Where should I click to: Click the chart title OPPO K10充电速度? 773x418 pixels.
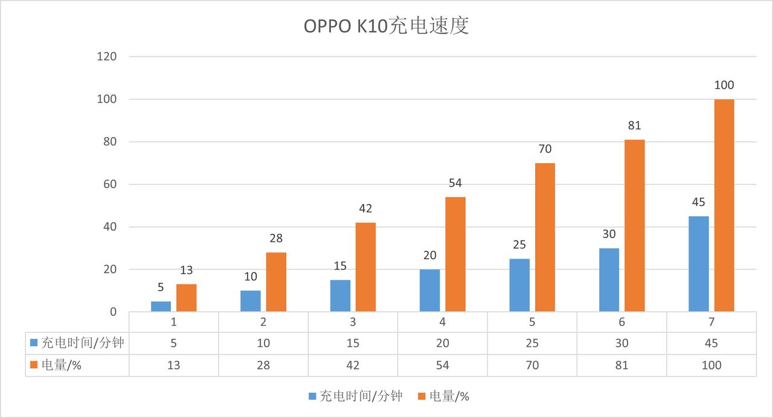click(x=386, y=27)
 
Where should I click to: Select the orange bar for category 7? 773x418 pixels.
click(x=724, y=205)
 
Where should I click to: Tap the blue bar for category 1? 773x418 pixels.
click(x=161, y=306)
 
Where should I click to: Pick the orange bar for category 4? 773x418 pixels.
click(x=455, y=254)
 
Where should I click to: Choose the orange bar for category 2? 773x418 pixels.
click(x=276, y=282)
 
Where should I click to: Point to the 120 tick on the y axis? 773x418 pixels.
click(x=106, y=56)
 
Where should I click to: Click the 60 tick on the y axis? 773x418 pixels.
click(x=109, y=184)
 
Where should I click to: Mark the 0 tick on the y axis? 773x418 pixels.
click(x=112, y=312)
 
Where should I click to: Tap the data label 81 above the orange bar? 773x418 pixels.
click(x=634, y=126)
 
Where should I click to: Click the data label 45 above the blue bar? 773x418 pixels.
click(x=699, y=202)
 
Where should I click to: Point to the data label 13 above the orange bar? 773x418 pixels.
click(x=186, y=270)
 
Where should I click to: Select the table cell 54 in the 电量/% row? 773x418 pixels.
click(x=443, y=365)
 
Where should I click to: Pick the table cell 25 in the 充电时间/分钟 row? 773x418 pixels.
click(x=532, y=343)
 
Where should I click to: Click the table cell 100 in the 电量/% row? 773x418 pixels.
click(x=711, y=365)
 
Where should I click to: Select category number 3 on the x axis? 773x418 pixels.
click(x=353, y=322)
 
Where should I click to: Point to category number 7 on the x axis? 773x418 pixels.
click(x=711, y=322)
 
